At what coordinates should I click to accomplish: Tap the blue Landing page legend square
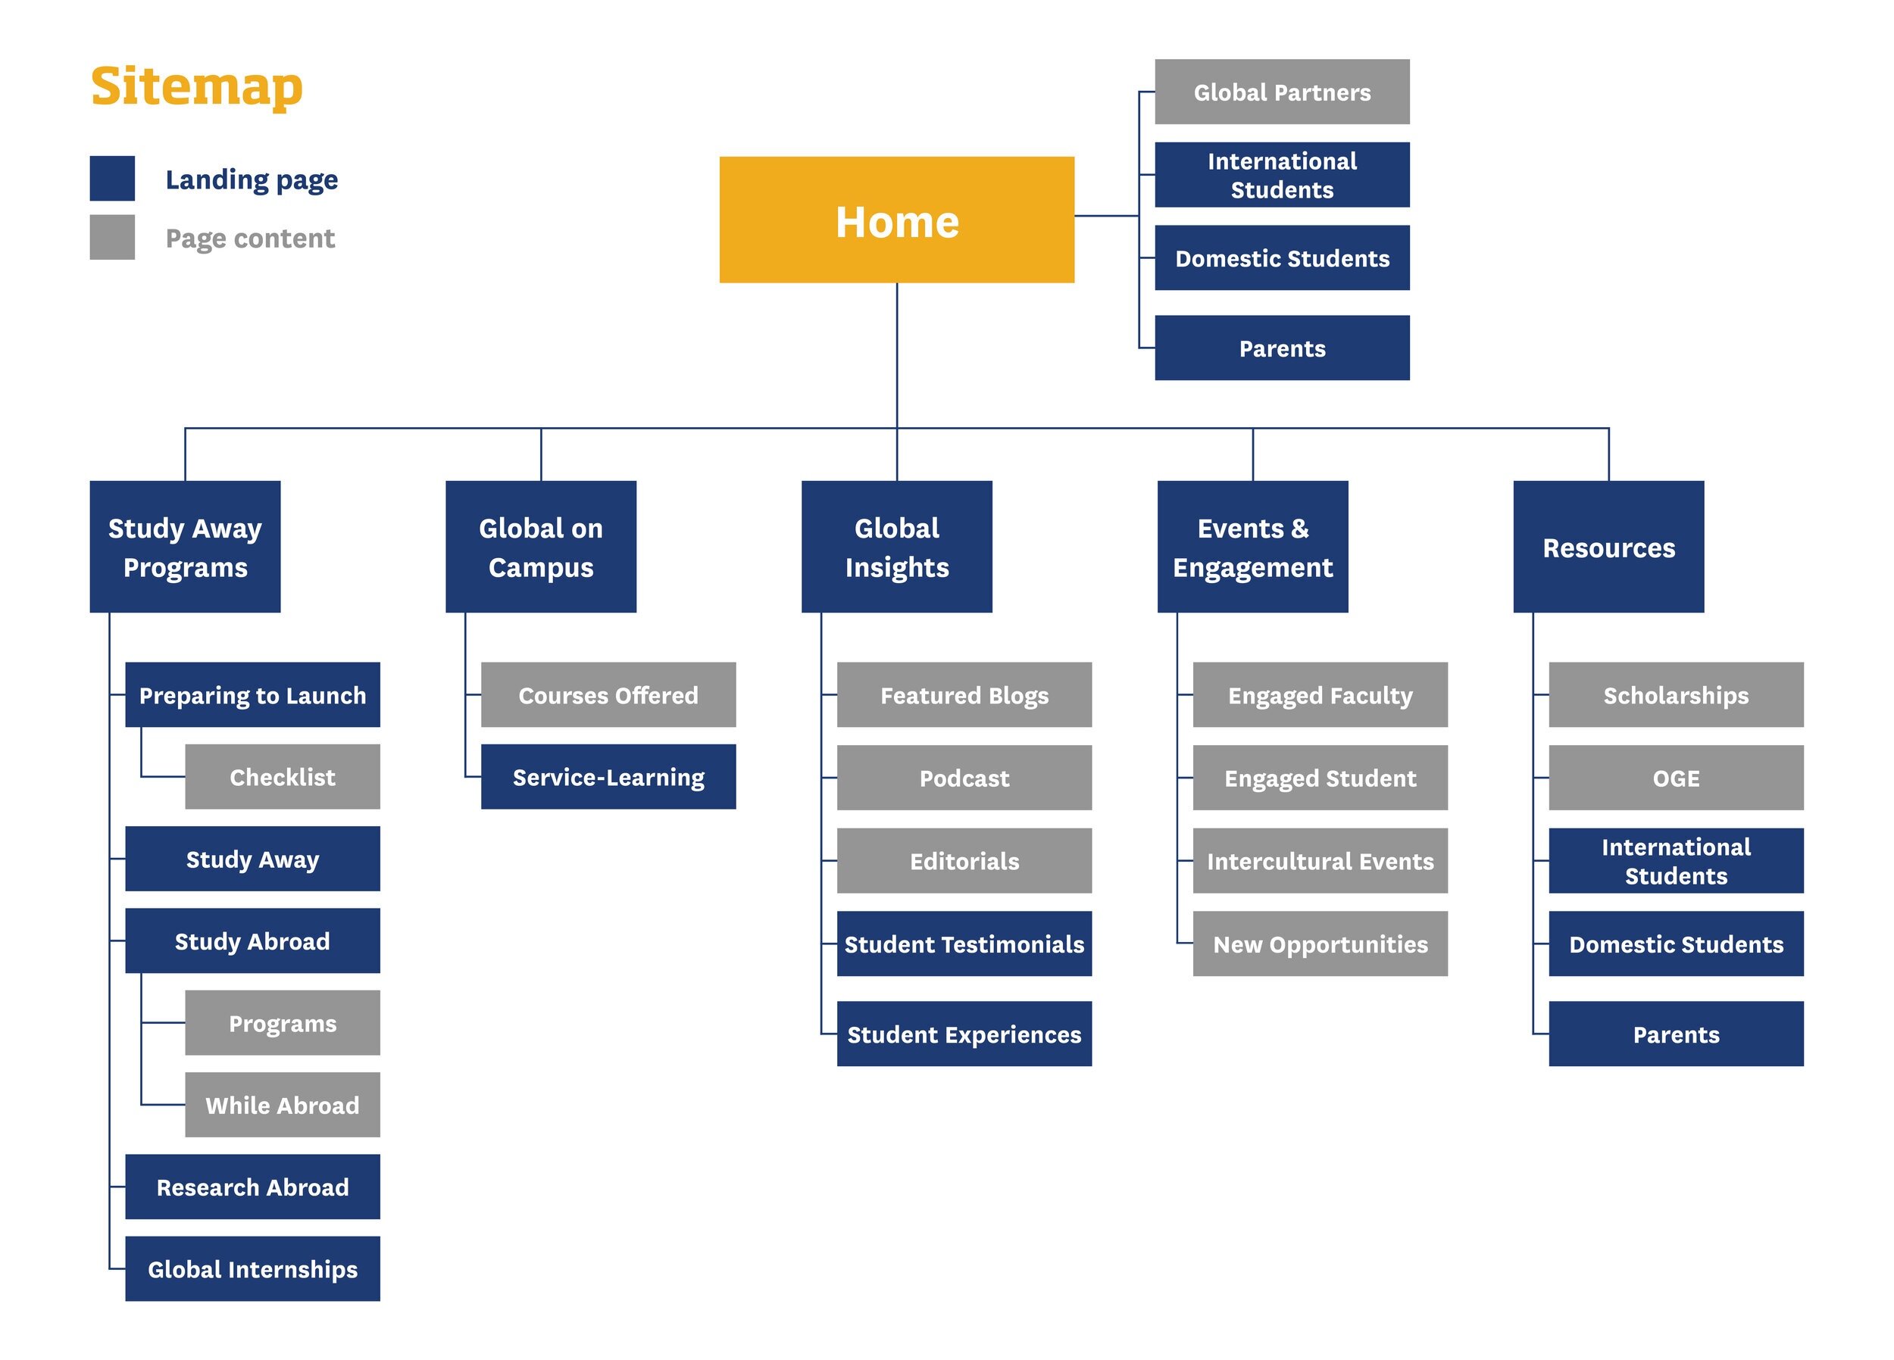(x=112, y=178)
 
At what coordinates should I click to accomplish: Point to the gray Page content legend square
(x=112, y=237)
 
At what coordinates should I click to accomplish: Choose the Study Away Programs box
(x=185, y=546)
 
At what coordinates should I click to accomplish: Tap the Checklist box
(x=283, y=776)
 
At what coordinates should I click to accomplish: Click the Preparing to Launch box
(x=252, y=694)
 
